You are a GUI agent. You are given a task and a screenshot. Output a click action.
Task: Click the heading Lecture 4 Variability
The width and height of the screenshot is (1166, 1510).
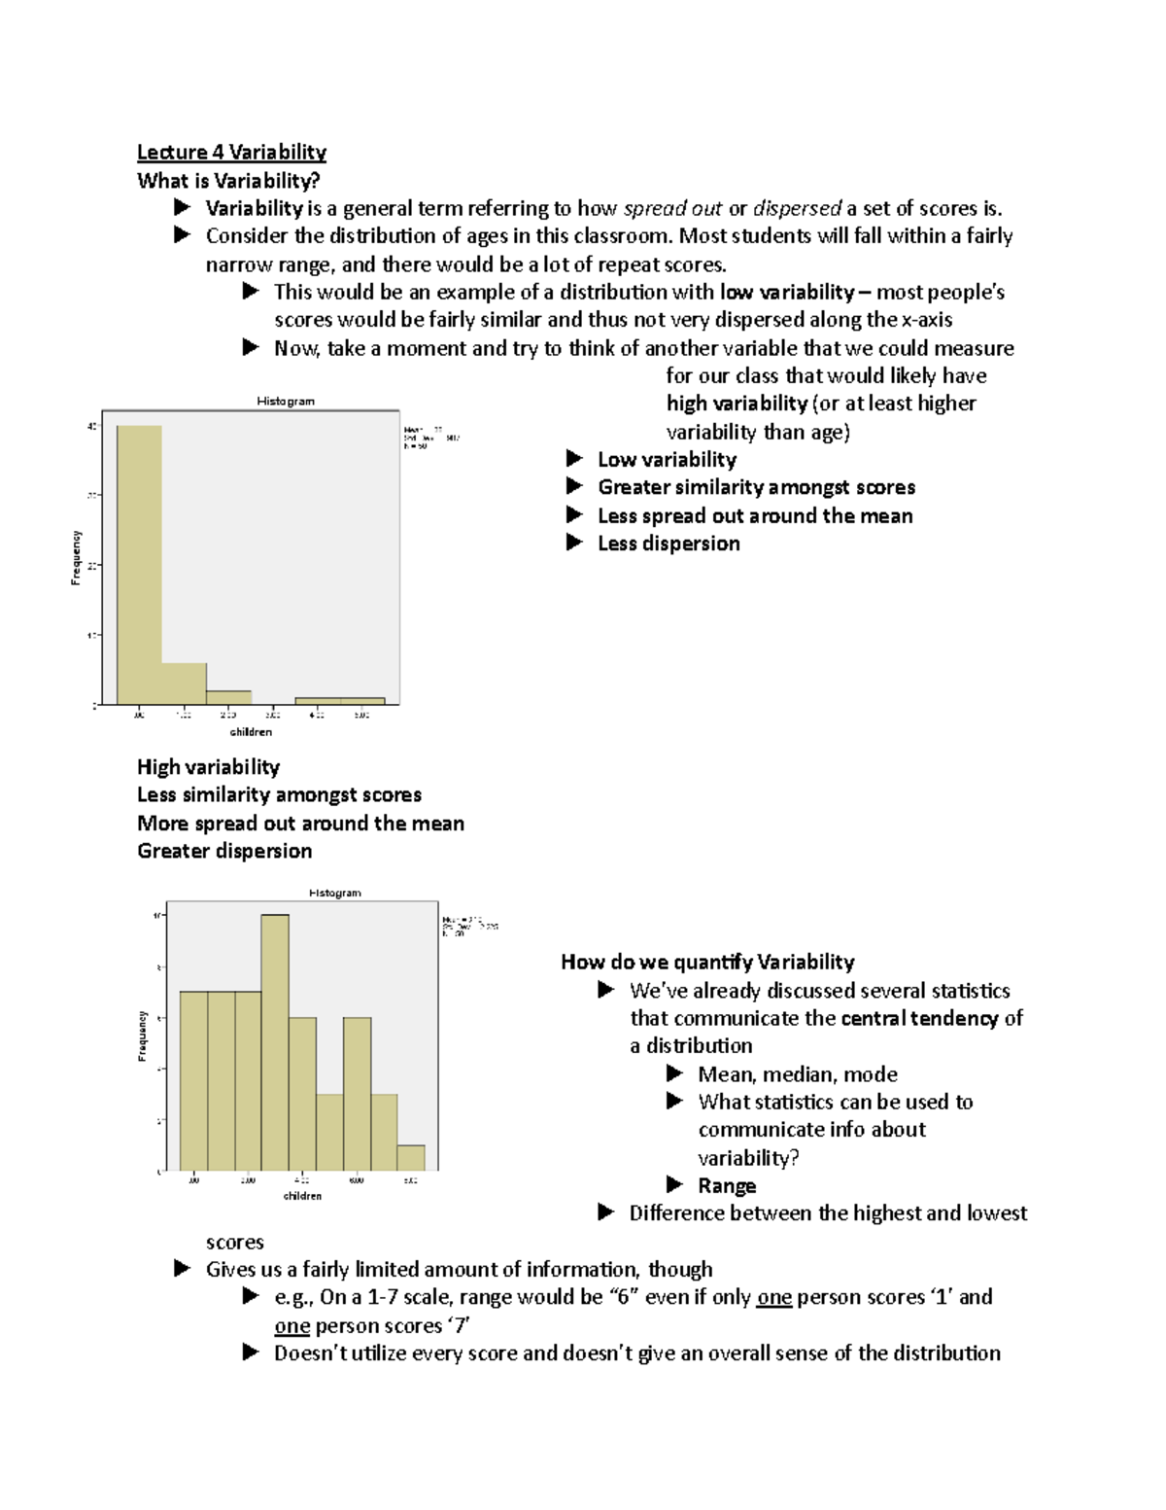pyautogui.click(x=231, y=152)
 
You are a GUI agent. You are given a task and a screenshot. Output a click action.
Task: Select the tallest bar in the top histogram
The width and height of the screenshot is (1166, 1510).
pyautogui.click(x=139, y=564)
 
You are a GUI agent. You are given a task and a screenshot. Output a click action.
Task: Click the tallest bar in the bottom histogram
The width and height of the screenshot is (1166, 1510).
pyautogui.click(x=275, y=1042)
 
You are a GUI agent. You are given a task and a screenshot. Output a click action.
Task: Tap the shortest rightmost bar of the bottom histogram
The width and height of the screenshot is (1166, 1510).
pyautogui.click(x=411, y=1158)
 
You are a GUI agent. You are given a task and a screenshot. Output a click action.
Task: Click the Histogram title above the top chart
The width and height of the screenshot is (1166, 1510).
pyautogui.click(x=285, y=401)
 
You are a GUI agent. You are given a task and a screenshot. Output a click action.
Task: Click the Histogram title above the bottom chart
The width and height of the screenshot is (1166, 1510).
pyautogui.click(x=335, y=893)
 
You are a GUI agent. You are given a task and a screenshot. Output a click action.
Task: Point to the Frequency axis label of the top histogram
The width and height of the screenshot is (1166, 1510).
pyautogui.click(x=76, y=558)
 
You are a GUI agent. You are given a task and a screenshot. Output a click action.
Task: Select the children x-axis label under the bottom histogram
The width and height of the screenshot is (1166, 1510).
pyautogui.click(x=302, y=1196)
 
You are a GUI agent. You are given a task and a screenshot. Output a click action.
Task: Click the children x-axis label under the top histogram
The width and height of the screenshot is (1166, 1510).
pyautogui.click(x=251, y=732)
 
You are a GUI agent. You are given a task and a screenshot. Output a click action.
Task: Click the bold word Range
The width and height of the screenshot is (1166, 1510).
pyautogui.click(x=727, y=1186)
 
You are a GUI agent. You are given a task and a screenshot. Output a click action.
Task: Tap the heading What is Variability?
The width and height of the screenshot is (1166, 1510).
pyautogui.click(x=228, y=181)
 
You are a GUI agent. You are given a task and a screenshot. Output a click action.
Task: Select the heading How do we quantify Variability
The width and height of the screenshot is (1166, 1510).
pyautogui.click(x=707, y=963)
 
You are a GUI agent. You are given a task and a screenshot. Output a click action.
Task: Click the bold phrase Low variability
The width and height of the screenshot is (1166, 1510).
pyautogui.click(x=667, y=460)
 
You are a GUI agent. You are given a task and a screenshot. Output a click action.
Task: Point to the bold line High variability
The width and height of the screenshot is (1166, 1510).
pyautogui.click(x=208, y=767)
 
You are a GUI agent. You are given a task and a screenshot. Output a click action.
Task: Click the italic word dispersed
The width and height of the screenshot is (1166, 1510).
pyautogui.click(x=797, y=209)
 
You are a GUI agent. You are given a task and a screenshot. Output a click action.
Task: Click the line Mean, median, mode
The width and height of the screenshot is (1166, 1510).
pyautogui.click(x=797, y=1074)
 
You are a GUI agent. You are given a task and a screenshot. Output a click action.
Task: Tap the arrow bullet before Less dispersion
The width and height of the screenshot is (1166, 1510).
pyautogui.click(x=574, y=543)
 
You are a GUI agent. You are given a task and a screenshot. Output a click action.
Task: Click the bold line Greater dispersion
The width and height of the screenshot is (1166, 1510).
pyautogui.click(x=224, y=852)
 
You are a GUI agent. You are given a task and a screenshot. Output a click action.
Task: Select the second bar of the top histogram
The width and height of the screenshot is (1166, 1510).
pyautogui.click(x=184, y=684)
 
